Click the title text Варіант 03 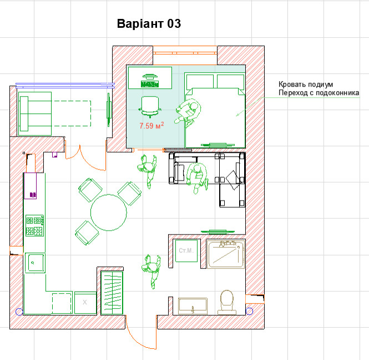coord(149,24)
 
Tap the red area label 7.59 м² coord(151,126)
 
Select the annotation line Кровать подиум coord(306,84)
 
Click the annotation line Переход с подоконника coord(319,93)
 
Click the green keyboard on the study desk coord(149,84)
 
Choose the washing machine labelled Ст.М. coord(185,252)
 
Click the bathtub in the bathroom coord(225,254)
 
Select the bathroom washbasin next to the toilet coord(193,305)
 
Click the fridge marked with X coord(85,302)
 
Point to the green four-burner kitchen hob coord(34,226)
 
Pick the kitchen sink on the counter coord(34,263)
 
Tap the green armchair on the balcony coord(35,113)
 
